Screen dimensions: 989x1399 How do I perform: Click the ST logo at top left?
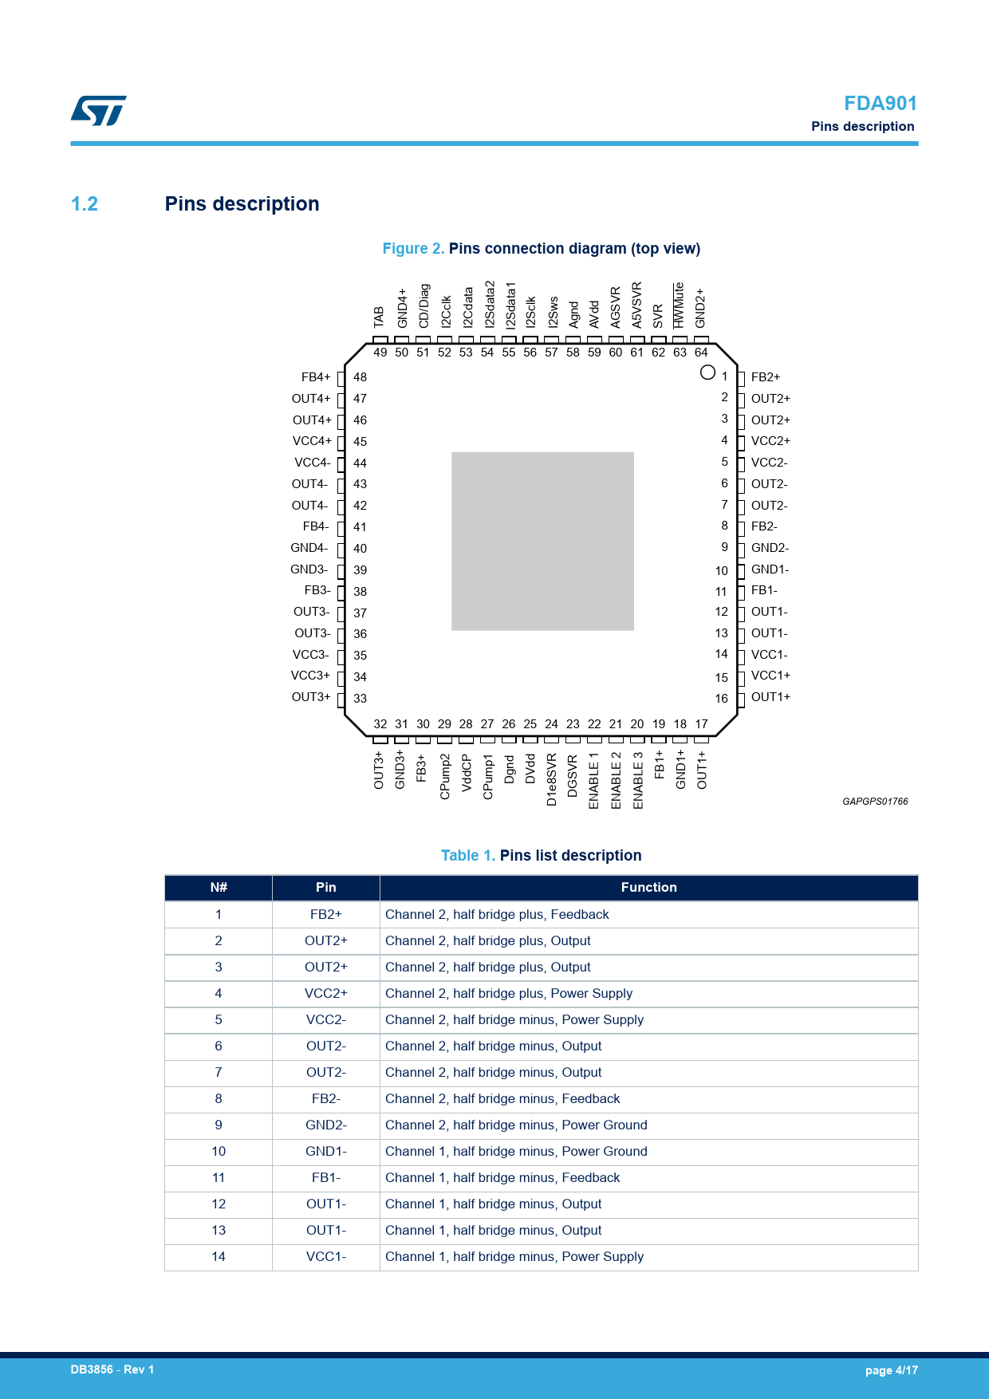[x=99, y=111]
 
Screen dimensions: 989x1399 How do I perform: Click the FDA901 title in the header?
[x=881, y=104]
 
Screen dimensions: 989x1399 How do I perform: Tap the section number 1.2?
[x=85, y=204]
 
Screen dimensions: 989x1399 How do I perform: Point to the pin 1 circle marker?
[x=707, y=372]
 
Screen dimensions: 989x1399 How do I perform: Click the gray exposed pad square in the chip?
[x=542, y=542]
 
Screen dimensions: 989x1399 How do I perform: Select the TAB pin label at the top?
[x=380, y=317]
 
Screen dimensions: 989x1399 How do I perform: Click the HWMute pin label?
[x=679, y=305]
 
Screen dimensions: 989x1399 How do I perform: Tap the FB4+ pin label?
[x=316, y=377]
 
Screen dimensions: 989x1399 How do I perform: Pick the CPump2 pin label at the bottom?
[x=445, y=776]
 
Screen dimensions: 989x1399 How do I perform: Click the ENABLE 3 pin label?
[x=638, y=781]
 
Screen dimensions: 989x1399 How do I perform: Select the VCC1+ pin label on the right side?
[x=770, y=676]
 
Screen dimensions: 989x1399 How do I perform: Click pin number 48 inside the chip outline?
[x=361, y=377]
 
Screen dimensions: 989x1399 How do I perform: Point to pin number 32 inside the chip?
[x=380, y=724]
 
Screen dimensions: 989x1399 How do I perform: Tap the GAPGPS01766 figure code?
[x=875, y=802]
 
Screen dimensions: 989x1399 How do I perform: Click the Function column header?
[x=648, y=888]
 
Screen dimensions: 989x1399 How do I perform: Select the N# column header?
[x=219, y=888]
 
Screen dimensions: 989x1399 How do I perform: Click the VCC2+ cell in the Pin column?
[x=326, y=994]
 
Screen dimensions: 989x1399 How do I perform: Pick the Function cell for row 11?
[x=502, y=1178]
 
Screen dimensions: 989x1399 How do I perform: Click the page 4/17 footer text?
[x=892, y=1370]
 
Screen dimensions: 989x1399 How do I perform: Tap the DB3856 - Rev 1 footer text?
[x=112, y=1369]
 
